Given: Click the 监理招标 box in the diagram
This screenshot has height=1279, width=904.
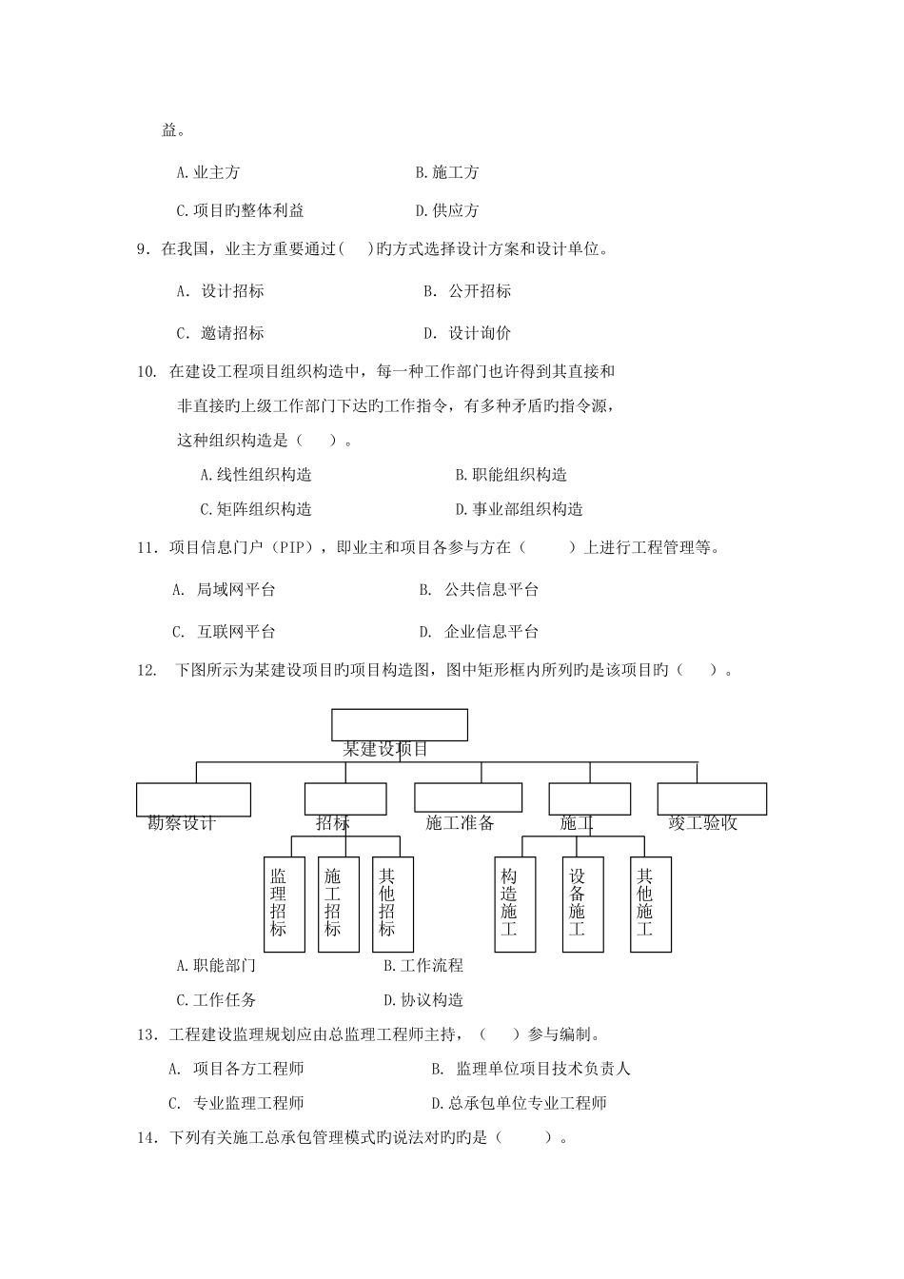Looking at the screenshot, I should click(x=284, y=903).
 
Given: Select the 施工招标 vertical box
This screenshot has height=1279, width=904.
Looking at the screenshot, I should click(x=338, y=903).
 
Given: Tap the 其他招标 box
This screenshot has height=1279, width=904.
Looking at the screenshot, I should click(x=392, y=903).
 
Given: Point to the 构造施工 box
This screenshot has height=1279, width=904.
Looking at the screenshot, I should click(x=515, y=903).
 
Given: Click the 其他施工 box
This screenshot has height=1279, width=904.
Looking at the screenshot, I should click(x=651, y=903).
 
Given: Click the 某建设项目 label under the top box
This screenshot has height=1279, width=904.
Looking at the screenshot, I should click(x=385, y=749).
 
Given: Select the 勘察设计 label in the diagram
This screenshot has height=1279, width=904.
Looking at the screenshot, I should click(x=182, y=823).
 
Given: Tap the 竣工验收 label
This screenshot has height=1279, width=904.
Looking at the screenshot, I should click(x=702, y=823).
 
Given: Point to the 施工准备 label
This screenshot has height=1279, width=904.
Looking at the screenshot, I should click(x=460, y=823).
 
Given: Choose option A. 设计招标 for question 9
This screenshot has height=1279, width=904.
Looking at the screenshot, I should click(x=221, y=291).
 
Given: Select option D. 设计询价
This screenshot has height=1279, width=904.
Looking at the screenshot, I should click(x=468, y=333).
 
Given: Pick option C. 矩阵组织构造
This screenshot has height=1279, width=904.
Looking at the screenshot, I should click(x=256, y=509).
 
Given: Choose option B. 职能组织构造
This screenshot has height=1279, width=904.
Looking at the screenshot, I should click(x=511, y=475).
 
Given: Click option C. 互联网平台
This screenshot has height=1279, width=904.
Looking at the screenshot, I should click(x=225, y=631).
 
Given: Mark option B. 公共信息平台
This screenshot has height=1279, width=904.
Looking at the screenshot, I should click(x=480, y=590).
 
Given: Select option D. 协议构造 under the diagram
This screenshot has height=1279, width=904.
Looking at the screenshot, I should click(x=423, y=1000).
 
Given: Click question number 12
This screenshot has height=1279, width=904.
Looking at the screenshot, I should click(x=147, y=670).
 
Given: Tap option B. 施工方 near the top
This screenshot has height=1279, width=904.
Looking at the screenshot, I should click(x=447, y=172).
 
